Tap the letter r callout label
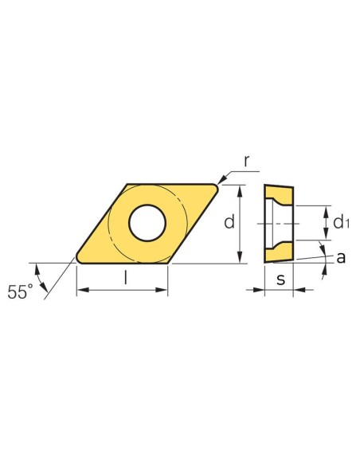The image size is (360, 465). click(247, 162)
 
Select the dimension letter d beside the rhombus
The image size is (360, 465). click(229, 222)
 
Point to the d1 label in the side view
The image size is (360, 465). click(342, 221)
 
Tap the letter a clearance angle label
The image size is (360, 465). click(340, 257)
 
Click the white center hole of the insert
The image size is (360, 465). click(147, 222)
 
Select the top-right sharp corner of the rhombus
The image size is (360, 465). click(219, 185)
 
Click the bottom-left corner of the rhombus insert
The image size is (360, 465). click(77, 259)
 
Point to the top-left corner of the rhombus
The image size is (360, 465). click(128, 186)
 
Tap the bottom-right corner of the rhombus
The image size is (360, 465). click(168, 260)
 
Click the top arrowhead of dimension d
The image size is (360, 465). click(241, 189)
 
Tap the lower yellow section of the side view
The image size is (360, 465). click(280, 251)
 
